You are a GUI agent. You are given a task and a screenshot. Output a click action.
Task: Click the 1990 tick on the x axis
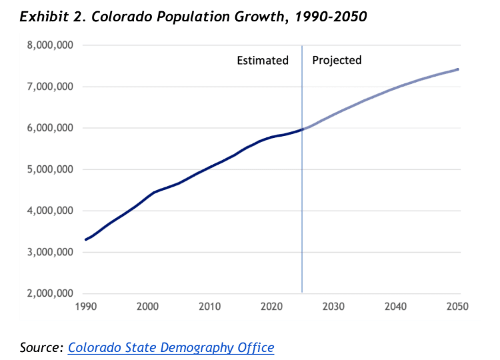click(x=85, y=307)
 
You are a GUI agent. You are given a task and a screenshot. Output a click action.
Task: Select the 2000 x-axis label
click(x=147, y=307)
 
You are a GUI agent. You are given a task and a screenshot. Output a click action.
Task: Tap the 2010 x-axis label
click(x=209, y=307)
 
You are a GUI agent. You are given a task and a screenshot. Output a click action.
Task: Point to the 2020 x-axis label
click(x=271, y=307)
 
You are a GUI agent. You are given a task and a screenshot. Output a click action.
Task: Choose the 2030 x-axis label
click(x=333, y=307)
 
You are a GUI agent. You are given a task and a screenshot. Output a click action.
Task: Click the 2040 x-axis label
click(x=395, y=307)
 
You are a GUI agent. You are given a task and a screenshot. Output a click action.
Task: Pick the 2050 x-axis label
click(x=457, y=307)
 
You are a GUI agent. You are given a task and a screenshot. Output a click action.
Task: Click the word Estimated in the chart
click(x=263, y=61)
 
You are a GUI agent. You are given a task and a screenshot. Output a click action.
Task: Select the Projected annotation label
click(x=337, y=61)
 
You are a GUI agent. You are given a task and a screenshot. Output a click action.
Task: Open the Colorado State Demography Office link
click(x=171, y=347)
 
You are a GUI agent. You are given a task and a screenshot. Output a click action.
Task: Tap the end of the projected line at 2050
click(x=458, y=69)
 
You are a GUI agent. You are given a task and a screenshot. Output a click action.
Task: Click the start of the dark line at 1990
click(x=86, y=239)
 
